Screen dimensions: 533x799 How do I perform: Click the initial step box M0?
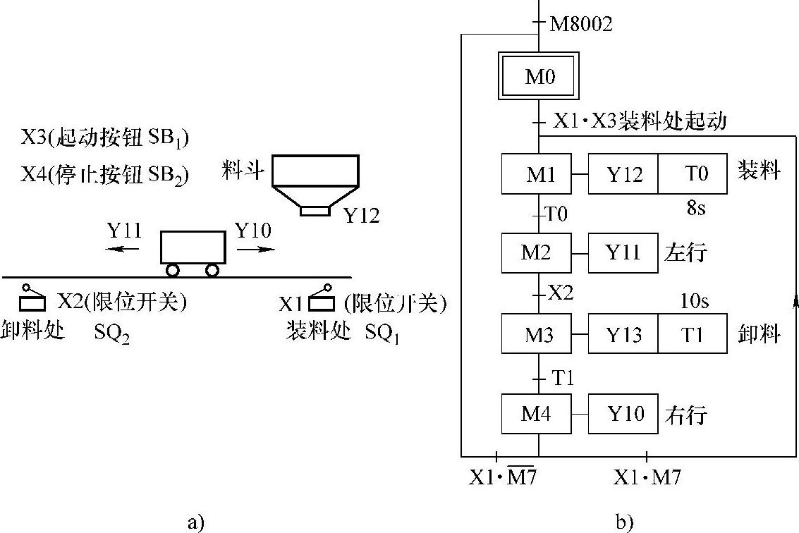coord(540,76)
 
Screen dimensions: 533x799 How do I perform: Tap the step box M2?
coord(537,253)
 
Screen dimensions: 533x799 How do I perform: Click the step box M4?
coord(537,414)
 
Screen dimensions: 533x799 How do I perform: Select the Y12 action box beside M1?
coord(624,174)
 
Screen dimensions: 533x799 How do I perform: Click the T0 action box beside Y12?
coord(692,174)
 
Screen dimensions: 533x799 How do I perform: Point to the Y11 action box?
coord(624,253)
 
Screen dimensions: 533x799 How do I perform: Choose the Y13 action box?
coord(624,334)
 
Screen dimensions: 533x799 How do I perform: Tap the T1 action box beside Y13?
coord(692,334)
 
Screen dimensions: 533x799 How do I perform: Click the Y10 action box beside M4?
coord(624,414)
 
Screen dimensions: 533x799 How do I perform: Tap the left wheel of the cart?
coord(173,269)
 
